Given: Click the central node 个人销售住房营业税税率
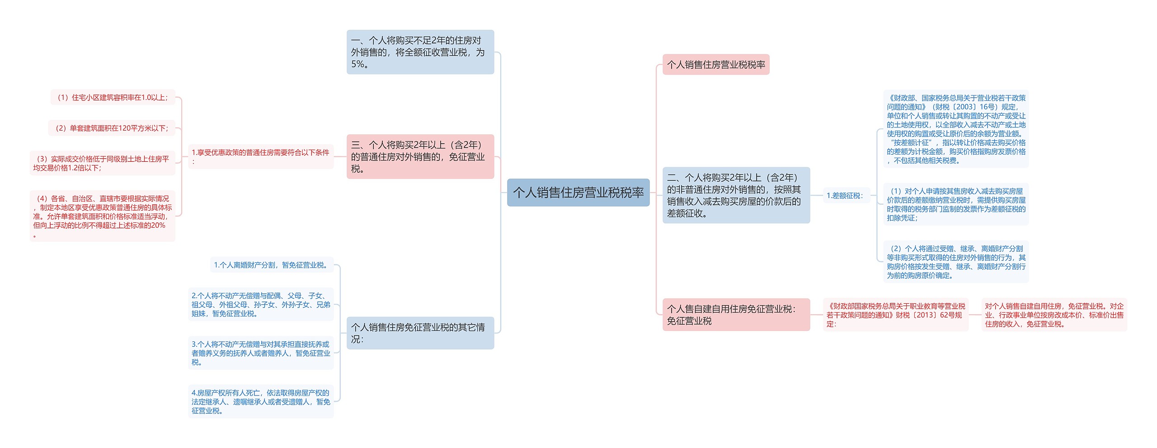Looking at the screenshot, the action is tap(578, 193).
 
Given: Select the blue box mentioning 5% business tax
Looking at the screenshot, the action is tap(420, 52).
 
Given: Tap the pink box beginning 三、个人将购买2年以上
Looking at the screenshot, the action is tap(420, 156).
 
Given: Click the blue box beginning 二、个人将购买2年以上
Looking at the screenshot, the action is tap(736, 195).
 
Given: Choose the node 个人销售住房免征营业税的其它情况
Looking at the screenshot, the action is tap(420, 333).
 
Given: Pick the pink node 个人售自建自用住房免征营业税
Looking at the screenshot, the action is tap(736, 315).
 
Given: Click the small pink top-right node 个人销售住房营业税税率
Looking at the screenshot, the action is tap(715, 65).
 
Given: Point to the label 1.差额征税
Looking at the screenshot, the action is tap(845, 195).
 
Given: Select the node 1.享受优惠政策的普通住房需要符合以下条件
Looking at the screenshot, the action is tap(261, 156).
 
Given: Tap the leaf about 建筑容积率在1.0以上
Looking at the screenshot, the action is tap(113, 97).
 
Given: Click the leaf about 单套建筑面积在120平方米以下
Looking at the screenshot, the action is tap(112, 128).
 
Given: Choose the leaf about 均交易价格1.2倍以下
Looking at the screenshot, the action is tap(103, 163).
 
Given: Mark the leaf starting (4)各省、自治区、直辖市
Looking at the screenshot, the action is tap(103, 216).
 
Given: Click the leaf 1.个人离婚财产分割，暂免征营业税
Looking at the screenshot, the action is tap(272, 265).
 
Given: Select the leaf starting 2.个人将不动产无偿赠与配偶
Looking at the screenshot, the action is tap(261, 304).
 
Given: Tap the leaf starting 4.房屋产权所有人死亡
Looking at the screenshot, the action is tap(261, 401).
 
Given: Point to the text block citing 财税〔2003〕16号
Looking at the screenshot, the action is tap(955, 129).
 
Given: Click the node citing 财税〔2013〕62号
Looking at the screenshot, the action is tap(895, 315).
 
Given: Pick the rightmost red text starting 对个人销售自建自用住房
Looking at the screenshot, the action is tap(1054, 315).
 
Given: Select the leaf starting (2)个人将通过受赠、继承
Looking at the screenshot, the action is tap(955, 262).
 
